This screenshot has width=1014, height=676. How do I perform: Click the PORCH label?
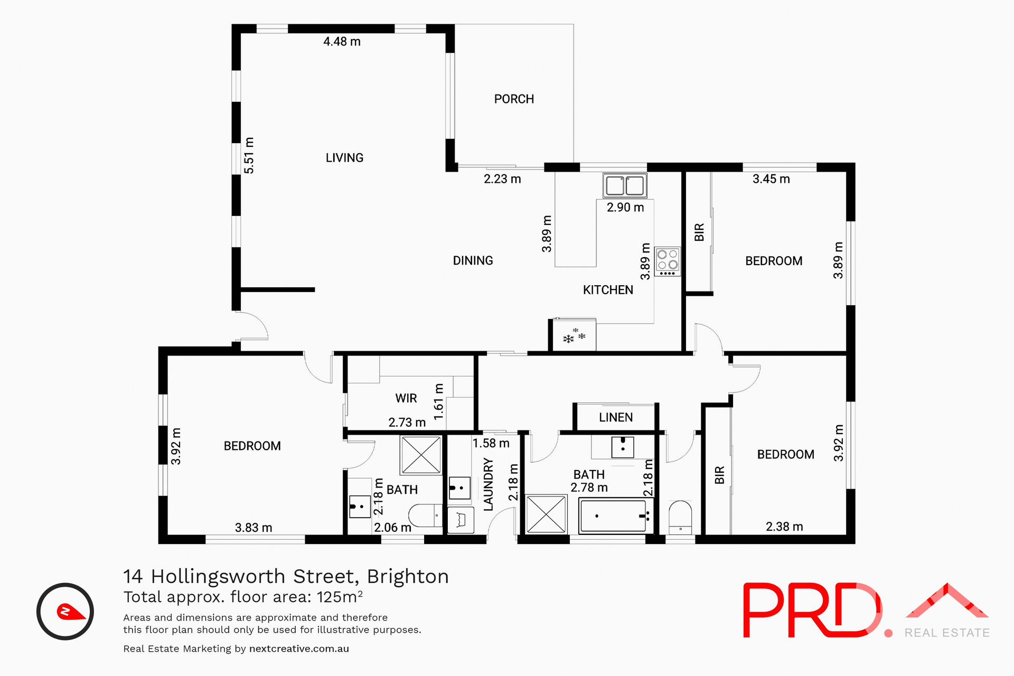pyautogui.click(x=514, y=99)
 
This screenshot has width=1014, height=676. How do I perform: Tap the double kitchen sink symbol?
pyautogui.click(x=625, y=186)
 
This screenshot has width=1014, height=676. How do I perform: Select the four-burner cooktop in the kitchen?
pyautogui.click(x=667, y=261)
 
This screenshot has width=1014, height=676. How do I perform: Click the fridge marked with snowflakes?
pyautogui.click(x=574, y=336)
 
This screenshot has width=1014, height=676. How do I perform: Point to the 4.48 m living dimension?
pyautogui.click(x=342, y=42)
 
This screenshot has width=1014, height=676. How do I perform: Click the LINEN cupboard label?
pyautogui.click(x=615, y=418)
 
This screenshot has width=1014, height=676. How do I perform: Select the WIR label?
pyautogui.click(x=406, y=398)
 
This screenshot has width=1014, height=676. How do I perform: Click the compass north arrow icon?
pyautogui.click(x=65, y=612)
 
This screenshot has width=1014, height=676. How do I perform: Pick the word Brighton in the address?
pyautogui.click(x=408, y=576)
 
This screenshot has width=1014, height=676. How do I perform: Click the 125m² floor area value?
pyautogui.click(x=340, y=597)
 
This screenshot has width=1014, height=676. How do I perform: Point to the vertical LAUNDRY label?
pyautogui.click(x=489, y=484)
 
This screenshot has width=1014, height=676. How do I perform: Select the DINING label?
pyautogui.click(x=473, y=261)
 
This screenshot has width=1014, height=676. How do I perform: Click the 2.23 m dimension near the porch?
pyautogui.click(x=502, y=179)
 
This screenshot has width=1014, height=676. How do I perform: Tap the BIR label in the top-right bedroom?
pyautogui.click(x=699, y=232)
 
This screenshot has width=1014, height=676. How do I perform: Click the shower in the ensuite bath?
pyautogui.click(x=420, y=455)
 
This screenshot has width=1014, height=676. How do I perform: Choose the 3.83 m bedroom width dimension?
pyautogui.click(x=253, y=528)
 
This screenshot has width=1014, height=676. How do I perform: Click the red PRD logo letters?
pyautogui.click(x=811, y=611)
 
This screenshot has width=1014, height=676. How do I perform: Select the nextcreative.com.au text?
pyautogui.click(x=299, y=649)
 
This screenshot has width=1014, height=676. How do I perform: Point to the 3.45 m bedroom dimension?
pyautogui.click(x=771, y=179)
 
